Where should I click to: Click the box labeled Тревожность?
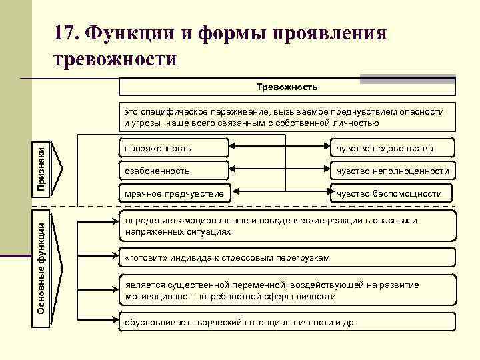point(287,87)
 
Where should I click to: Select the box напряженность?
point(173,148)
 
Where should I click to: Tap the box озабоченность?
point(173,171)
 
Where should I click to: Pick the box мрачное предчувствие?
point(173,193)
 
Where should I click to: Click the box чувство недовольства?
point(393,148)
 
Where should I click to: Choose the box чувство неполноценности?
point(393,171)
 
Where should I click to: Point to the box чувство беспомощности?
point(393,193)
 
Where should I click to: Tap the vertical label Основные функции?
point(41,267)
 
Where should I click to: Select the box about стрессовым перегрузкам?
point(287,257)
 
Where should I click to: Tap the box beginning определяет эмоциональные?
point(287,226)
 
